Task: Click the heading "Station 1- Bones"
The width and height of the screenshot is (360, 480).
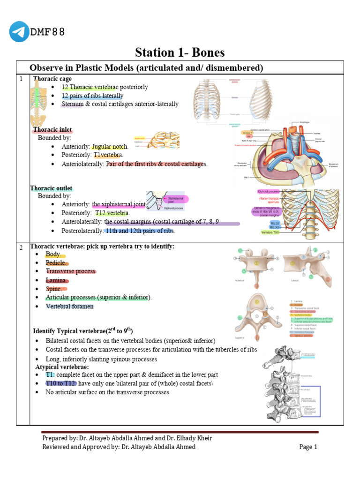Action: pos(180,52)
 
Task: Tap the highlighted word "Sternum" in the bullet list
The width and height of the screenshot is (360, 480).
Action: pos(72,104)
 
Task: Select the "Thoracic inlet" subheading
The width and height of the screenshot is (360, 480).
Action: pos(52,129)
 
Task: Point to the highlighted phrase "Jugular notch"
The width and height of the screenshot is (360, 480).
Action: pos(109,147)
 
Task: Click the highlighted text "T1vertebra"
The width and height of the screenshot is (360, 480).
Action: pos(108,155)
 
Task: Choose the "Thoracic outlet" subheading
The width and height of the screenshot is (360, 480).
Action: pos(52,188)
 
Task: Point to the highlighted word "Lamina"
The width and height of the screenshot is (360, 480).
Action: pos(56,280)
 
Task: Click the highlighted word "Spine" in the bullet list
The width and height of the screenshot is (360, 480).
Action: pos(53,289)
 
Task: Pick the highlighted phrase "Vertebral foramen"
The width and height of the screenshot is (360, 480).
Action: pos(70,306)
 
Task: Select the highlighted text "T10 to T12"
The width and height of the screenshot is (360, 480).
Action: pos(61,383)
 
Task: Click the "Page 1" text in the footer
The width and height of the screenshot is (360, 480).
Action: pos(308,447)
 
